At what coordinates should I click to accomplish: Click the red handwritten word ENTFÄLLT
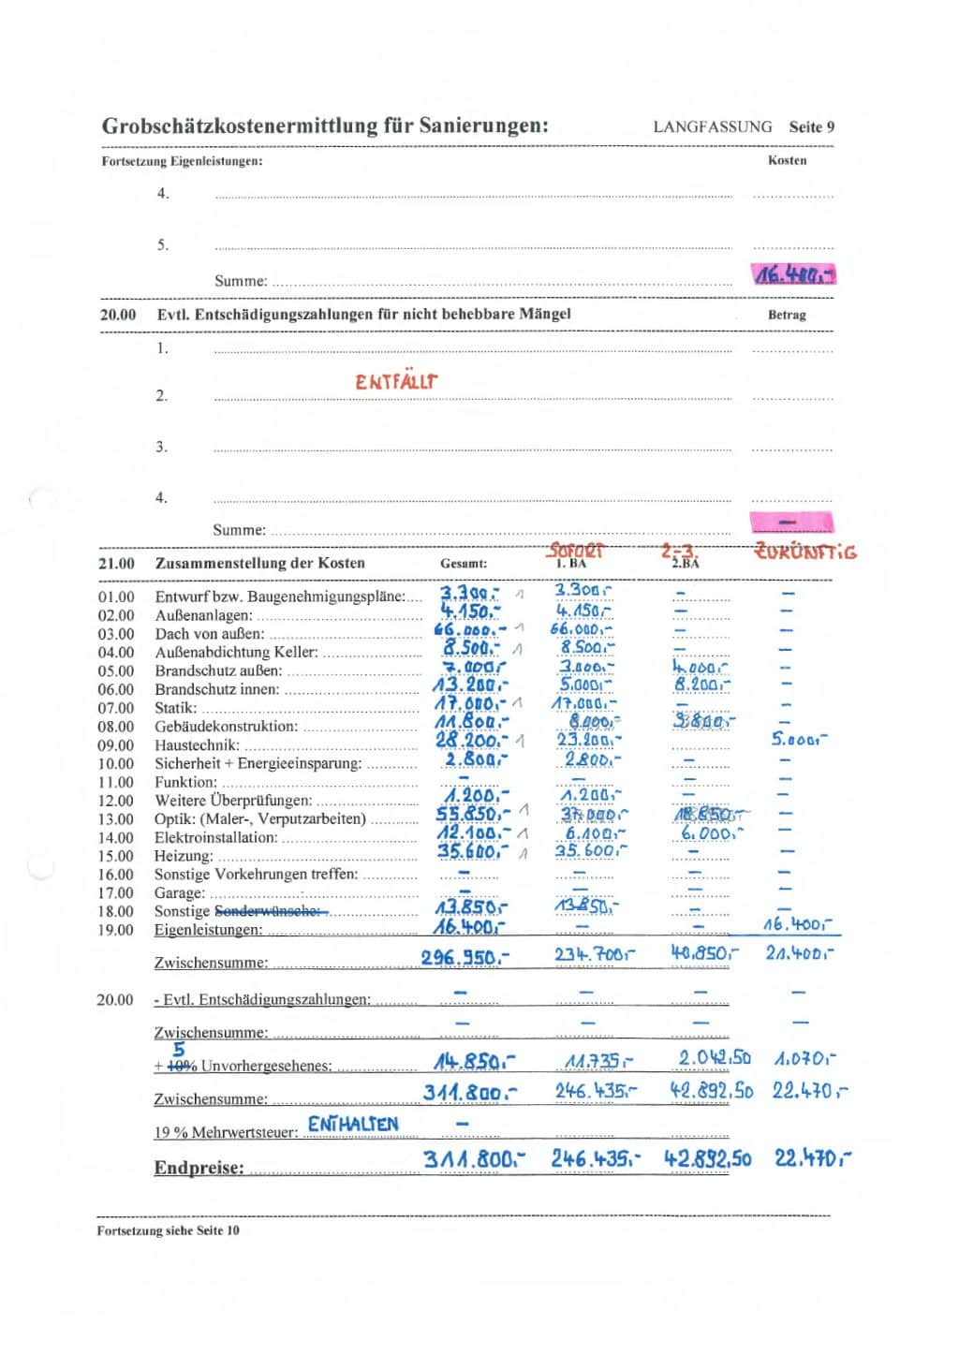(396, 382)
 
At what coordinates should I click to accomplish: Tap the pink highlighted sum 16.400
(793, 274)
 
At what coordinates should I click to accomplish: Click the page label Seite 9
(811, 127)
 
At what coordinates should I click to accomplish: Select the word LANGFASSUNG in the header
(713, 127)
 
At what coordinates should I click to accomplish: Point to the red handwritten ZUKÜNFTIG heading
(805, 552)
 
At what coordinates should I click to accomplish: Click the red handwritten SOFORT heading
(576, 551)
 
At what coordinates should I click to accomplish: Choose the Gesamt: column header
(464, 564)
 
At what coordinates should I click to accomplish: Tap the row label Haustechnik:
(197, 745)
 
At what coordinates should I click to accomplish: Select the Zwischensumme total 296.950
(465, 958)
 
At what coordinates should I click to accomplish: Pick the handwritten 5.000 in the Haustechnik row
(799, 740)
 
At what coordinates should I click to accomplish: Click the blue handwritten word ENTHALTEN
(353, 1124)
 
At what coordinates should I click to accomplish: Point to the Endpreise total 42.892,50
(708, 1159)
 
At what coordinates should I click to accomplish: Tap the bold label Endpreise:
(199, 1168)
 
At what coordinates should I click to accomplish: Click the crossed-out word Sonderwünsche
(268, 911)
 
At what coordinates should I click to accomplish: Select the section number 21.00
(116, 564)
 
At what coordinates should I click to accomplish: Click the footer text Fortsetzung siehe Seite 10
(168, 1230)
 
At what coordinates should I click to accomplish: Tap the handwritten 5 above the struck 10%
(179, 1050)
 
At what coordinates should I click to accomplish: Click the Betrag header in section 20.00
(787, 316)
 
